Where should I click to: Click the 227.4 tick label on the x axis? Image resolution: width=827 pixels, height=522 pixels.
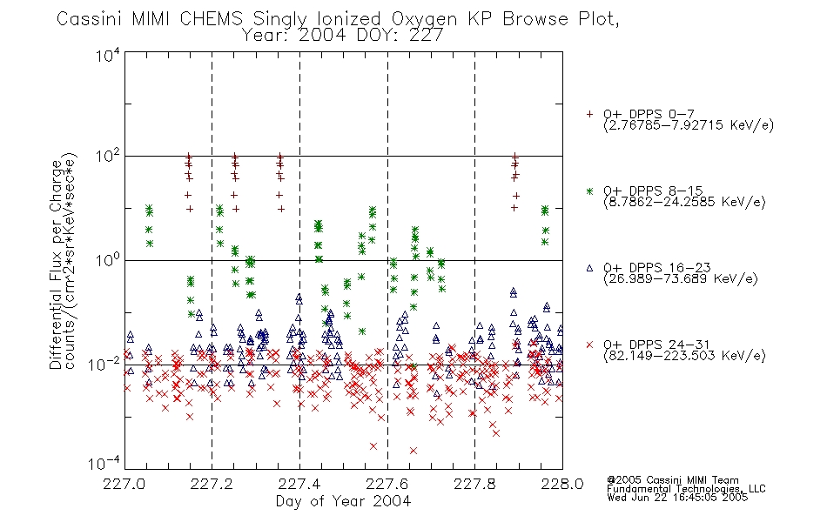tap(299, 484)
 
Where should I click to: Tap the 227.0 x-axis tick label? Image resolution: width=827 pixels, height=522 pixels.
tap(124, 484)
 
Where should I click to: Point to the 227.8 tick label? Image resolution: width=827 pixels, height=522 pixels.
tap(474, 484)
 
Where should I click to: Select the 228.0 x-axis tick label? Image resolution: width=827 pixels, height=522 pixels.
tap(562, 484)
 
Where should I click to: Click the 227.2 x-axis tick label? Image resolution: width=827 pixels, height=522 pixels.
tap(212, 484)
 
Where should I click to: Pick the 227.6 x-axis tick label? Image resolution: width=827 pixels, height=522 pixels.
tap(387, 484)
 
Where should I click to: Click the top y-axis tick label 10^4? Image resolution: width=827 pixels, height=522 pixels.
tap(108, 56)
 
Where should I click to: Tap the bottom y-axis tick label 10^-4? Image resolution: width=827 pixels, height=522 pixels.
tap(104, 464)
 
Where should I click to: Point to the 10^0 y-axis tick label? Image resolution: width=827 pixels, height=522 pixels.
tap(108, 261)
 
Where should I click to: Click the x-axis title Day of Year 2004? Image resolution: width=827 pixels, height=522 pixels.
tap(343, 501)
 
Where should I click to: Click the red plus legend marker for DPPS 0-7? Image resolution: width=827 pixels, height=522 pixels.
tap(589, 114)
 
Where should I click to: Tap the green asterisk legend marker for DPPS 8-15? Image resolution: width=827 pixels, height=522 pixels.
tap(589, 191)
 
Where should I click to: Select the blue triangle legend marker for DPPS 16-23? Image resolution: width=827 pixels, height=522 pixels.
tap(589, 268)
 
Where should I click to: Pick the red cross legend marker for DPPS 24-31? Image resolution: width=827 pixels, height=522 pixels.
tap(589, 345)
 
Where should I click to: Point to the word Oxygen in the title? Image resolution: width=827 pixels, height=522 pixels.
tap(425, 19)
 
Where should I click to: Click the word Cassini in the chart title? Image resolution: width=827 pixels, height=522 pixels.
tap(90, 19)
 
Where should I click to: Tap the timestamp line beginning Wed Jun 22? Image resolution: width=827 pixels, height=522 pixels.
tap(677, 497)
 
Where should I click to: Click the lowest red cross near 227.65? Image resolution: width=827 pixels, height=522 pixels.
tap(413, 451)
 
